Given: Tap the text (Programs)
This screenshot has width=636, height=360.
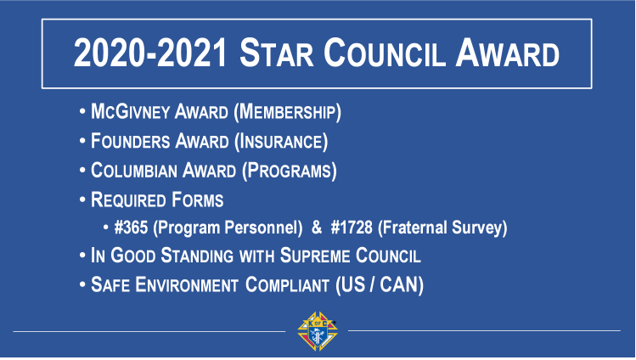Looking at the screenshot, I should pos(290,170).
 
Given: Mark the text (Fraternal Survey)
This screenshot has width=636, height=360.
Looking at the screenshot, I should pos(446,228).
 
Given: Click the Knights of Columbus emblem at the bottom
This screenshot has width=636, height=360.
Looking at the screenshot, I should pos(318,331).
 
